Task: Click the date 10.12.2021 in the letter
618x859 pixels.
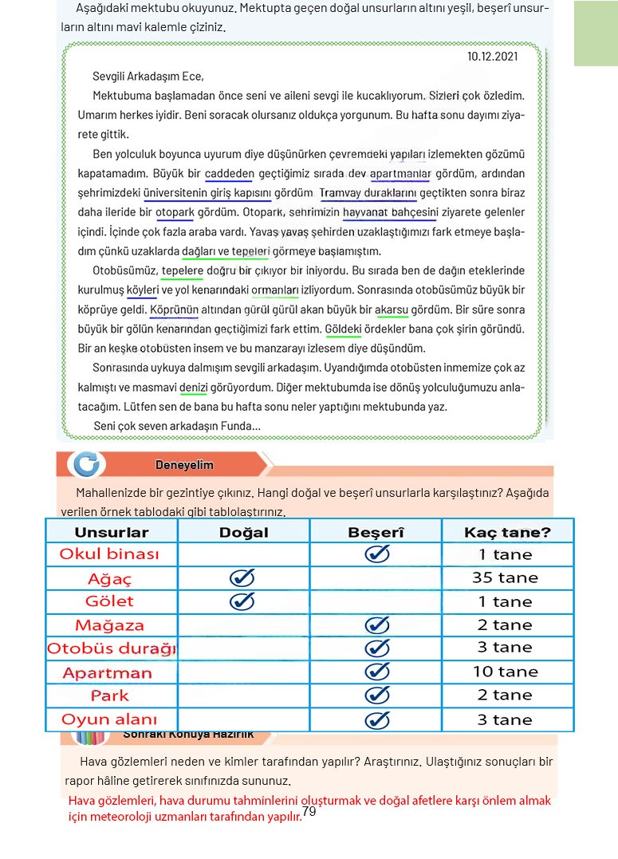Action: [x=492, y=56]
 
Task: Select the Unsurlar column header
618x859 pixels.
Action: [x=112, y=532]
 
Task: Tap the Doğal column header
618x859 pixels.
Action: [x=243, y=532]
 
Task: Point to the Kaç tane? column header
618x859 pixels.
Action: [x=507, y=532]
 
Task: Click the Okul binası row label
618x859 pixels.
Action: [x=109, y=554]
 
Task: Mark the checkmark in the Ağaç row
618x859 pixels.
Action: [x=242, y=578]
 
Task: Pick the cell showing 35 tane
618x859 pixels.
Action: [x=505, y=578]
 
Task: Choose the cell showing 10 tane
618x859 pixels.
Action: [x=506, y=672]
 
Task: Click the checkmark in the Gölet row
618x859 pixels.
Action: [x=242, y=601]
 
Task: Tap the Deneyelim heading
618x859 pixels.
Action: [x=184, y=465]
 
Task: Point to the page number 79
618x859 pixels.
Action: [x=310, y=812]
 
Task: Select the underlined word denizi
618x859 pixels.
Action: [x=194, y=388]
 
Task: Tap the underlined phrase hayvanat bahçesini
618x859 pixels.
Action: [x=391, y=213]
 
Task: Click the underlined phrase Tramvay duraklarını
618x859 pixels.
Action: [x=368, y=193]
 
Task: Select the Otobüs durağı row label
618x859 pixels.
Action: [x=112, y=648]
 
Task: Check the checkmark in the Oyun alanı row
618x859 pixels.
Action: [x=376, y=720]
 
